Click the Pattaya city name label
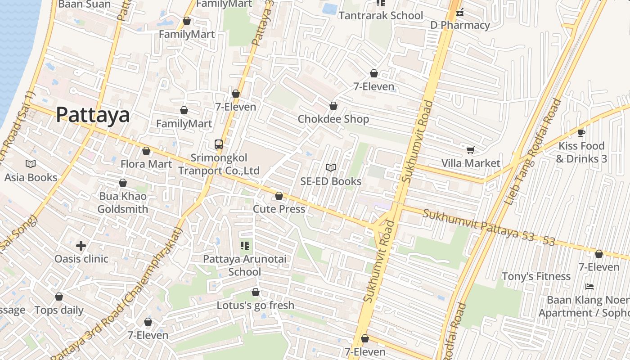(93, 115)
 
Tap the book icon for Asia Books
(31, 164)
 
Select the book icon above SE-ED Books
(331, 167)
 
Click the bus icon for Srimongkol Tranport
(219, 144)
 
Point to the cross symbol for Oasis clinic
(81, 245)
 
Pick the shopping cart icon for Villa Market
(470, 150)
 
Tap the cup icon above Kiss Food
(581, 133)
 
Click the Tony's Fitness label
(535, 276)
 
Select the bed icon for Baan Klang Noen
(589, 286)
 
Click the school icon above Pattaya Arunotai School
(245, 245)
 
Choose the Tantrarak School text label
(380, 16)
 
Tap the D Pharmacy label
(460, 25)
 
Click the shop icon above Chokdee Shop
(333, 106)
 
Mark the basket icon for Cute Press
(279, 196)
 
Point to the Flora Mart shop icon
(146, 151)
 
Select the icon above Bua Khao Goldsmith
(123, 183)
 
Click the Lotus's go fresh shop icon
(256, 292)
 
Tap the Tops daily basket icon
(59, 297)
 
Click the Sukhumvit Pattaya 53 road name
(488, 228)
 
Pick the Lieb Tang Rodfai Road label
(533, 152)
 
